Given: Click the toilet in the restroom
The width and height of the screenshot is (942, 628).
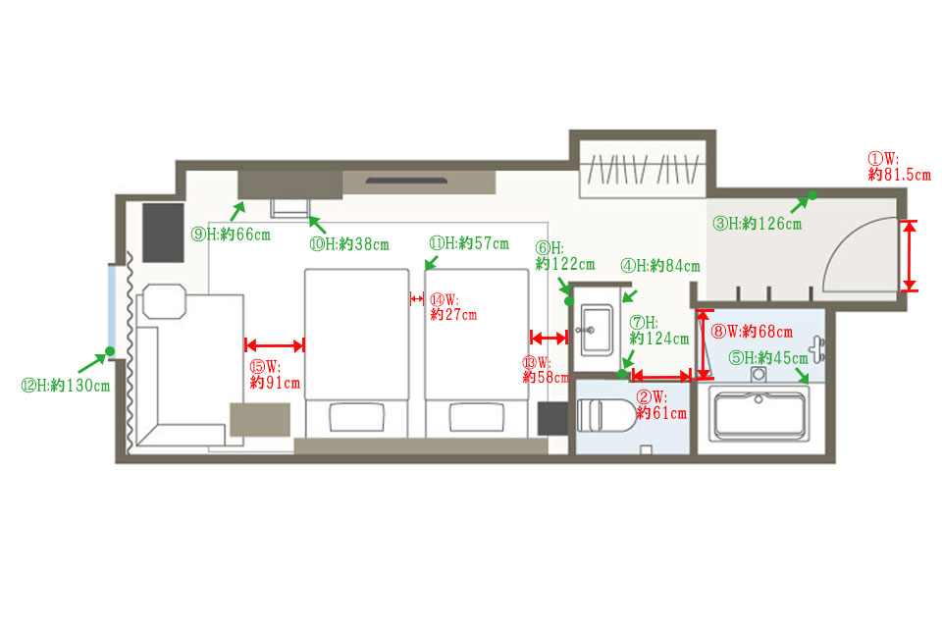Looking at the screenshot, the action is [x=605, y=415].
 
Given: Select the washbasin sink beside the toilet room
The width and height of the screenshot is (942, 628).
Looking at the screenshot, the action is [x=596, y=330].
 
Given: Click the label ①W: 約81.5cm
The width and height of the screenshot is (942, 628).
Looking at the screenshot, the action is [x=899, y=167].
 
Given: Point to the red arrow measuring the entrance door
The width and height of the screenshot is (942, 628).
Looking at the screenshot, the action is [x=911, y=255].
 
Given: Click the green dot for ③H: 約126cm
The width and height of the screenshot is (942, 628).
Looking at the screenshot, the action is [x=812, y=195].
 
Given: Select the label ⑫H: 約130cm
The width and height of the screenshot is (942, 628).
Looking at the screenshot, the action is [x=66, y=386].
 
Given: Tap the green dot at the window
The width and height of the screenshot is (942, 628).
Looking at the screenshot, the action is [x=110, y=351].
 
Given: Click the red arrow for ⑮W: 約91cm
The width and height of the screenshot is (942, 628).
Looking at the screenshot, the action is [x=275, y=345].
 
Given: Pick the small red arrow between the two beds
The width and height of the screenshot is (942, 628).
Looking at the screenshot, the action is [x=417, y=298].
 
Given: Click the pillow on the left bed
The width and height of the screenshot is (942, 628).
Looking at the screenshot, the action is [x=357, y=416].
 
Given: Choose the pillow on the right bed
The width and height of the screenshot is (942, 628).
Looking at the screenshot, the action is [x=477, y=416].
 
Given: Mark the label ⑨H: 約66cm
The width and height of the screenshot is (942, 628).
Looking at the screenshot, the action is [x=231, y=235].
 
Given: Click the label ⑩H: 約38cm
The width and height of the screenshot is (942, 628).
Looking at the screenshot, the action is [x=349, y=244].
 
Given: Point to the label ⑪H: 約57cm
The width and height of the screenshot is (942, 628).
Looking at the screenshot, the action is [x=469, y=243].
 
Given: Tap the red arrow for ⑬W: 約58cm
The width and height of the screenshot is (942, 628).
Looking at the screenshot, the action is [x=549, y=338].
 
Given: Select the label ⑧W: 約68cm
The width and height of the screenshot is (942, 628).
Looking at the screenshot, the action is [x=753, y=331].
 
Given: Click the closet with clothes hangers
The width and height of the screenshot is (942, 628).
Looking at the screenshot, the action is [x=643, y=169].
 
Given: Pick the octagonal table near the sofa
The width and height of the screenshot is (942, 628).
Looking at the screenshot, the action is [x=164, y=301].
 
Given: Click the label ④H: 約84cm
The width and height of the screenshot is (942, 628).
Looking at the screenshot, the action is [x=660, y=266].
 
